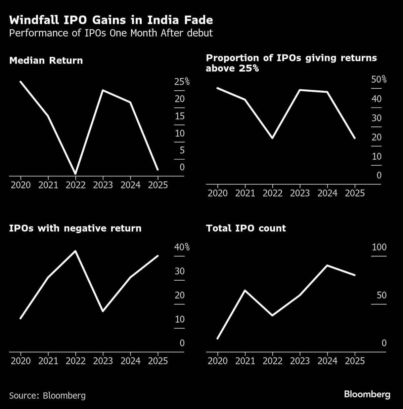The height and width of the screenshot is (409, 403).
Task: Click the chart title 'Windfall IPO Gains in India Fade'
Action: [111, 20]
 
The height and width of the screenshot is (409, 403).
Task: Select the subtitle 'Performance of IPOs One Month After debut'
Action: [111, 33]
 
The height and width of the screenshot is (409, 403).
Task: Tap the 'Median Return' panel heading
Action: [46, 60]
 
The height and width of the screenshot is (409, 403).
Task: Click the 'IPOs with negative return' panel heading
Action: [75, 228]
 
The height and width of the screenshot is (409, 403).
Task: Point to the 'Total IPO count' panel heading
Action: [246, 228]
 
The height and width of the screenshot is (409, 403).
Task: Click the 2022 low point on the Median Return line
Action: [76, 173]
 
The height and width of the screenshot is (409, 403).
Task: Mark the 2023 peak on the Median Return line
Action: [103, 90]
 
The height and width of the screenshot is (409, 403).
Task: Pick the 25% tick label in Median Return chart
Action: [182, 82]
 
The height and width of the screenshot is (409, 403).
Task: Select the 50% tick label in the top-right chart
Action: [378, 80]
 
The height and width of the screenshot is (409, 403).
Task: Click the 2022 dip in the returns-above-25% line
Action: [272, 138]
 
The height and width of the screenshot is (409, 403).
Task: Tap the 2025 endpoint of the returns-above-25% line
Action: [355, 138]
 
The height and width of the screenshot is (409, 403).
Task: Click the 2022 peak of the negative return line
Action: [76, 251]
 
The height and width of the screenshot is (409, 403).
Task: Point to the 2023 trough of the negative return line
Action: [103, 311]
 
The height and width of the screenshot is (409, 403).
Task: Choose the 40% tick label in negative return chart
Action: [182, 247]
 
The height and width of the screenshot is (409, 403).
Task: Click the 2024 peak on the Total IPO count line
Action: [327, 265]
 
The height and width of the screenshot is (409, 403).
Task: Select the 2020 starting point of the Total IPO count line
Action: [218, 338]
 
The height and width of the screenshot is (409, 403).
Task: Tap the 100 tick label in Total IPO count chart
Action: [379, 247]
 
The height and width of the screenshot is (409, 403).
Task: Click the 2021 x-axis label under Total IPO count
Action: [245, 361]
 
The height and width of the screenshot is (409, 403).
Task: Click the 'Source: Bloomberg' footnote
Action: [47, 395]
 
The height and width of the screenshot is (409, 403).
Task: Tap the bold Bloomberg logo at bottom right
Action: [367, 394]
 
